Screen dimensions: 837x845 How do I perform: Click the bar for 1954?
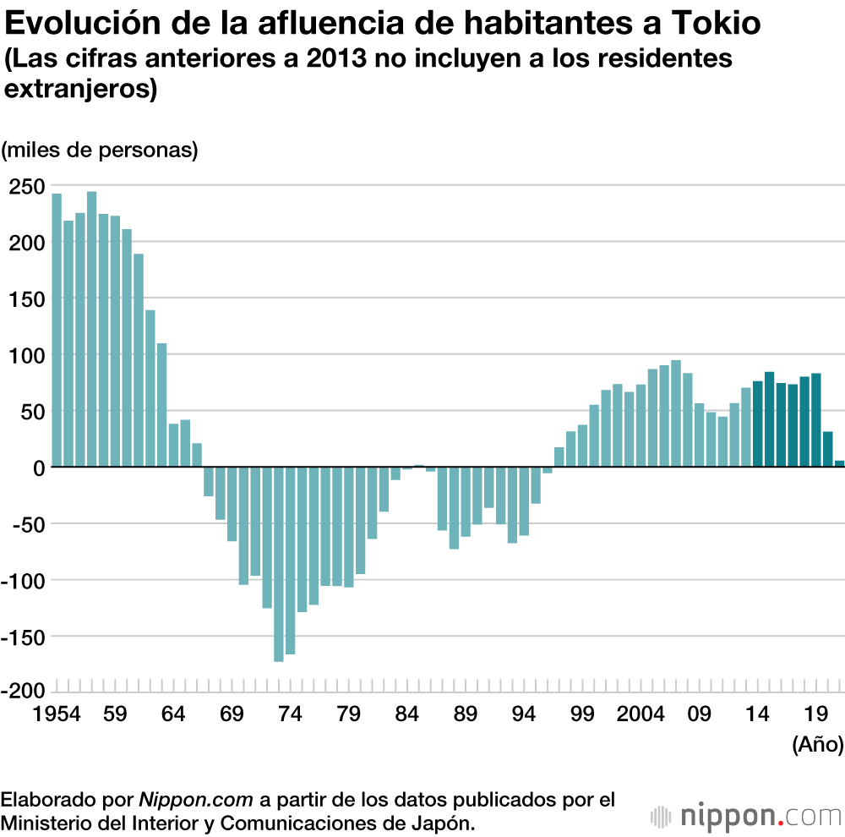[57, 330]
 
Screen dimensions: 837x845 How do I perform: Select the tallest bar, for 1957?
[92, 329]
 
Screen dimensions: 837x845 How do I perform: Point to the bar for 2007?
[676, 413]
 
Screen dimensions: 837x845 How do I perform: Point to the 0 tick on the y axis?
[38, 468]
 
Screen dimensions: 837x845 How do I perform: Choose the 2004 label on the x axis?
[641, 714]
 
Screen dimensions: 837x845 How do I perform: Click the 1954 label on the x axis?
[57, 714]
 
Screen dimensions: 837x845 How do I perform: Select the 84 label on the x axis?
[406, 714]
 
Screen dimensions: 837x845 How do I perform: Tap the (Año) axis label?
[817, 745]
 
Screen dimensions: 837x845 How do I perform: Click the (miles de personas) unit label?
[100, 150]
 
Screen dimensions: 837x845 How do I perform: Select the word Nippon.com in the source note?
[197, 798]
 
